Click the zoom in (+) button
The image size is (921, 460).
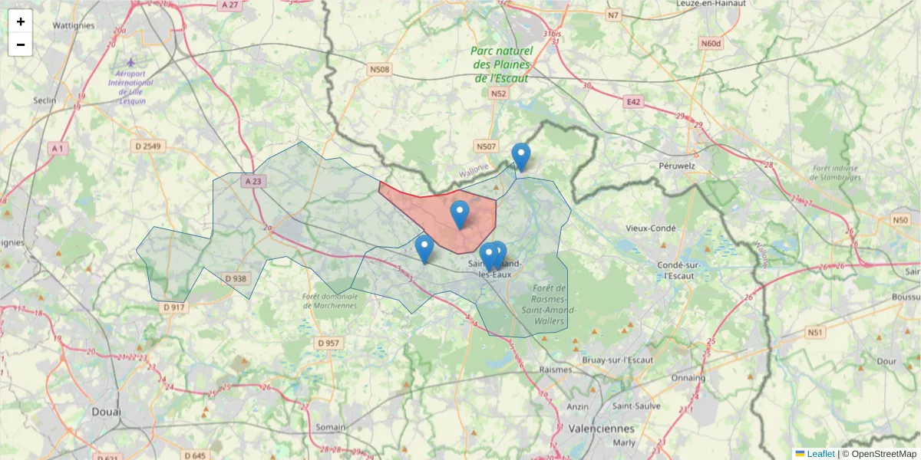21,21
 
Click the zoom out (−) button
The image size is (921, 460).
21,44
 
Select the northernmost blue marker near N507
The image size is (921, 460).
521,156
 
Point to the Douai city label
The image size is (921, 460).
106,412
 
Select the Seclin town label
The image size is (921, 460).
47,100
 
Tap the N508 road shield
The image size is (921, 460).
380,70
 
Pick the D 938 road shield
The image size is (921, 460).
236,278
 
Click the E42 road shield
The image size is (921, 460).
633,102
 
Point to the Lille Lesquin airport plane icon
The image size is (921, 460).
130,61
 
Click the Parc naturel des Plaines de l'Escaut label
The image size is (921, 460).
502,64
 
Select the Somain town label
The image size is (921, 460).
331,427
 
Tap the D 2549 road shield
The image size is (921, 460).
147,146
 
